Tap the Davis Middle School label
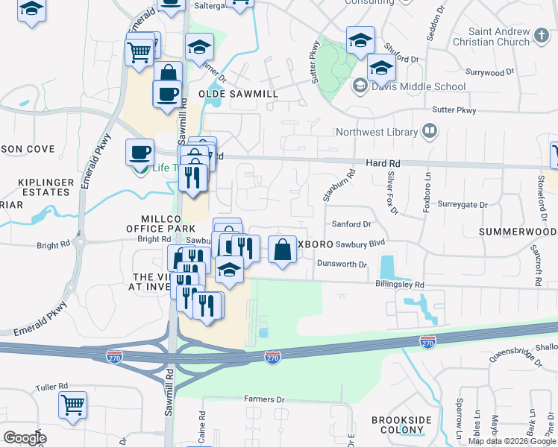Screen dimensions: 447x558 pos(419,86)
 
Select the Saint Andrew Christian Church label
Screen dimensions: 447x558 pos(498,37)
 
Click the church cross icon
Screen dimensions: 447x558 pos(543,34)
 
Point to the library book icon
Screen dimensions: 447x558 pos(430,132)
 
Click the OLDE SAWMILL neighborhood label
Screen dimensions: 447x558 pos(238,94)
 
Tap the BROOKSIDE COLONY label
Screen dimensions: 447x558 pos(401,425)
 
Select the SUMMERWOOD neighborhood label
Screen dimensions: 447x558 pos(518,232)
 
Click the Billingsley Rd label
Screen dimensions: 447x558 pos(398,285)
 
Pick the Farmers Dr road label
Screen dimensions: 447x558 pos(265,399)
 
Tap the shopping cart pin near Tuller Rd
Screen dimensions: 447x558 pos(73,406)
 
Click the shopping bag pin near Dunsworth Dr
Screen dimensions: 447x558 pos(283,250)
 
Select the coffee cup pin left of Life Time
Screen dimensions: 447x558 pos(139,153)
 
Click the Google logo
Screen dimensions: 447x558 pos(25,438)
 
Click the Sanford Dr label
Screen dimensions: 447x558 pos(351,223)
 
